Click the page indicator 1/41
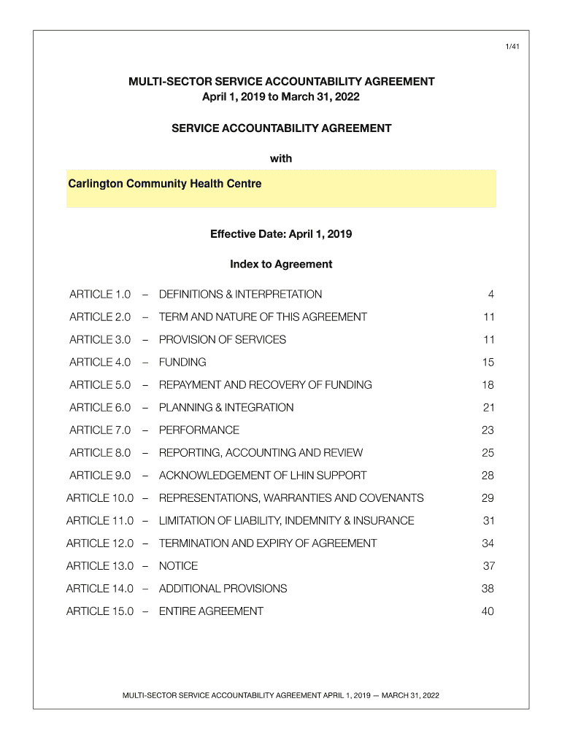point(512,47)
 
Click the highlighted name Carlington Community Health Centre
point(164,184)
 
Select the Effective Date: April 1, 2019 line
point(281,234)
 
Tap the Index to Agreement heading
point(281,264)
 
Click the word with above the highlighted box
point(281,158)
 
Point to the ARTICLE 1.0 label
point(100,295)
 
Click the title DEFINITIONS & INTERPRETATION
point(240,295)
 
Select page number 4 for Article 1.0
point(491,295)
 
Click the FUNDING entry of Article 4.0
point(182,363)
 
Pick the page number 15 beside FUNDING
point(488,363)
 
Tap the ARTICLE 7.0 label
point(100,430)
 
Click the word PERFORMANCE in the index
point(199,430)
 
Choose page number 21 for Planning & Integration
point(488,408)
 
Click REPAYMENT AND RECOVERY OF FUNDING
point(265,385)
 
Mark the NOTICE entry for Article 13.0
point(178,566)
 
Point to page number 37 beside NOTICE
point(488,566)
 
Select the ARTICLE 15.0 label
point(100,611)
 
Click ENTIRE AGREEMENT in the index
point(211,611)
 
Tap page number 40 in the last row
point(488,611)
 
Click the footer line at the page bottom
point(281,694)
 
